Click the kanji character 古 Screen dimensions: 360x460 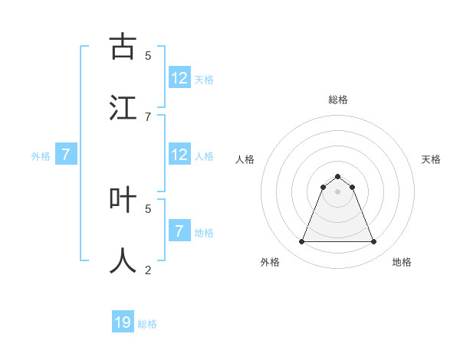(123, 47)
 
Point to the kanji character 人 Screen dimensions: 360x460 (123, 260)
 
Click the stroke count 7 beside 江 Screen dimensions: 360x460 (148, 116)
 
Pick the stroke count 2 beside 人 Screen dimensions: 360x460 (148, 270)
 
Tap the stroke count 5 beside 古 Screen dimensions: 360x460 (148, 55)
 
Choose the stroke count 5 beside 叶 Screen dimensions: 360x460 (148, 208)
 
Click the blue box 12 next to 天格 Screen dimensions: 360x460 (179, 78)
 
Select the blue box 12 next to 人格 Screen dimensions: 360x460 (179, 155)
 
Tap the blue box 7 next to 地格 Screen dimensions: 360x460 (179, 231)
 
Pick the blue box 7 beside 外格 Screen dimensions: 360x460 (66, 155)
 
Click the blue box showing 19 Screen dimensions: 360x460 (123, 322)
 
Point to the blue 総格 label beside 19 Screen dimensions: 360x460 (147, 324)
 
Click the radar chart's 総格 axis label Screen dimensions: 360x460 (338, 100)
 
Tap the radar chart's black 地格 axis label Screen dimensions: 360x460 (402, 262)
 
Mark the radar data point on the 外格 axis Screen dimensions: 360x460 (301, 242)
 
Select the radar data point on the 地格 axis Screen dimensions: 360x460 (374, 242)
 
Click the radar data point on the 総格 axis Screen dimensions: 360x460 (338, 176)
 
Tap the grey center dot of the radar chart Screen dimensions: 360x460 (338, 191)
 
